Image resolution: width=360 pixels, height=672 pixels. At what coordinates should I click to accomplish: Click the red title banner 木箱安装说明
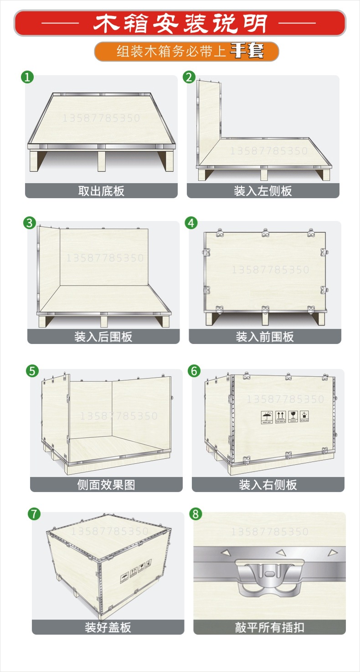click(180, 23)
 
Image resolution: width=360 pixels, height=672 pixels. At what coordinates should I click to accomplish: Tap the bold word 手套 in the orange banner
click(247, 51)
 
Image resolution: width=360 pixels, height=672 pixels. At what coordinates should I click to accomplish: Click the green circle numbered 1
click(28, 77)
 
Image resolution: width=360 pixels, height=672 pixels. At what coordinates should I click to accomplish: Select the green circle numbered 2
click(189, 77)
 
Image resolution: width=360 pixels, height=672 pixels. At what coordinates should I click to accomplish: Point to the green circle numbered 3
click(30, 223)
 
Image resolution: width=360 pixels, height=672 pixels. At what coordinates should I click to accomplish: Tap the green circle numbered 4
click(191, 223)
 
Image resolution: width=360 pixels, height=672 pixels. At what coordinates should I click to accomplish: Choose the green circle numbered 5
click(32, 371)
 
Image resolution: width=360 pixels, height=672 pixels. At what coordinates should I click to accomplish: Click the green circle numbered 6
click(194, 371)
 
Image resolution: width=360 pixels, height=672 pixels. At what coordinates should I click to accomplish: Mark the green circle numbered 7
click(34, 514)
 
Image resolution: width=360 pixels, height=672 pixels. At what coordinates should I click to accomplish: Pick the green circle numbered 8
click(195, 514)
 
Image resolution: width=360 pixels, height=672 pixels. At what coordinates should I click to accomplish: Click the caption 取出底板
click(101, 191)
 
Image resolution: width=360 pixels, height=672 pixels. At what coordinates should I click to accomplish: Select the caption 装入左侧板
click(263, 191)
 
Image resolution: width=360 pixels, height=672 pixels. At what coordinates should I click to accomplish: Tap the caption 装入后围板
click(103, 337)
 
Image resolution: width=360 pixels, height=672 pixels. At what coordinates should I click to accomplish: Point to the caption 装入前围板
click(265, 337)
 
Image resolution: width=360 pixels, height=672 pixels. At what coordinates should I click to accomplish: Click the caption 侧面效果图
click(106, 484)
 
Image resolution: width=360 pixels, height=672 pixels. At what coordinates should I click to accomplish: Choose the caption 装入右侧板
click(268, 484)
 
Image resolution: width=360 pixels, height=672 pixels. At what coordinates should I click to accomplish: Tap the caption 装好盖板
click(108, 627)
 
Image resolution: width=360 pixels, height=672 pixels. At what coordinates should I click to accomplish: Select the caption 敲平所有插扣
click(269, 627)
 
